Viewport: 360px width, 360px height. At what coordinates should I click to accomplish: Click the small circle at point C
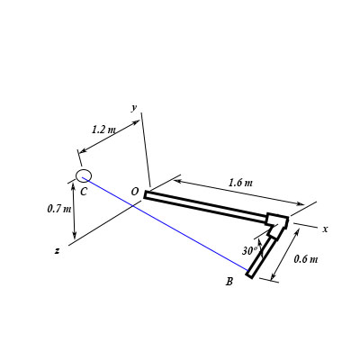84,175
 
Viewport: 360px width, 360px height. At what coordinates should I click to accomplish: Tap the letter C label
83,192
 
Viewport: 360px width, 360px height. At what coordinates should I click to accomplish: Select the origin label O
134,192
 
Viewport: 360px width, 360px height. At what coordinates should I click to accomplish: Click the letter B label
229,283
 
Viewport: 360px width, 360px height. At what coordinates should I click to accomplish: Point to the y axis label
134,107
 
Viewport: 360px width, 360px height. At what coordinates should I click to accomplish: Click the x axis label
325,229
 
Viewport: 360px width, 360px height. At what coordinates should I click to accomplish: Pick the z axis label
58,249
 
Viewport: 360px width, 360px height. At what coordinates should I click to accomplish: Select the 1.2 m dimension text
103,130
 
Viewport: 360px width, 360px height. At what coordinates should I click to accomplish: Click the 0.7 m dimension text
58,209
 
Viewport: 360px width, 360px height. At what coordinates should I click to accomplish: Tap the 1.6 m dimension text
240,184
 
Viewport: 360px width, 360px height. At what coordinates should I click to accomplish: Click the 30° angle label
250,251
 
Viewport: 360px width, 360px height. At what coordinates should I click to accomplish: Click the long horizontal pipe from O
207,206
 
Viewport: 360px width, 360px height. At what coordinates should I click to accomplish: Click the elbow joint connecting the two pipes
276,221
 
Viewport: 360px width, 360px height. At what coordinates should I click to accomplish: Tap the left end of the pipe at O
146,193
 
